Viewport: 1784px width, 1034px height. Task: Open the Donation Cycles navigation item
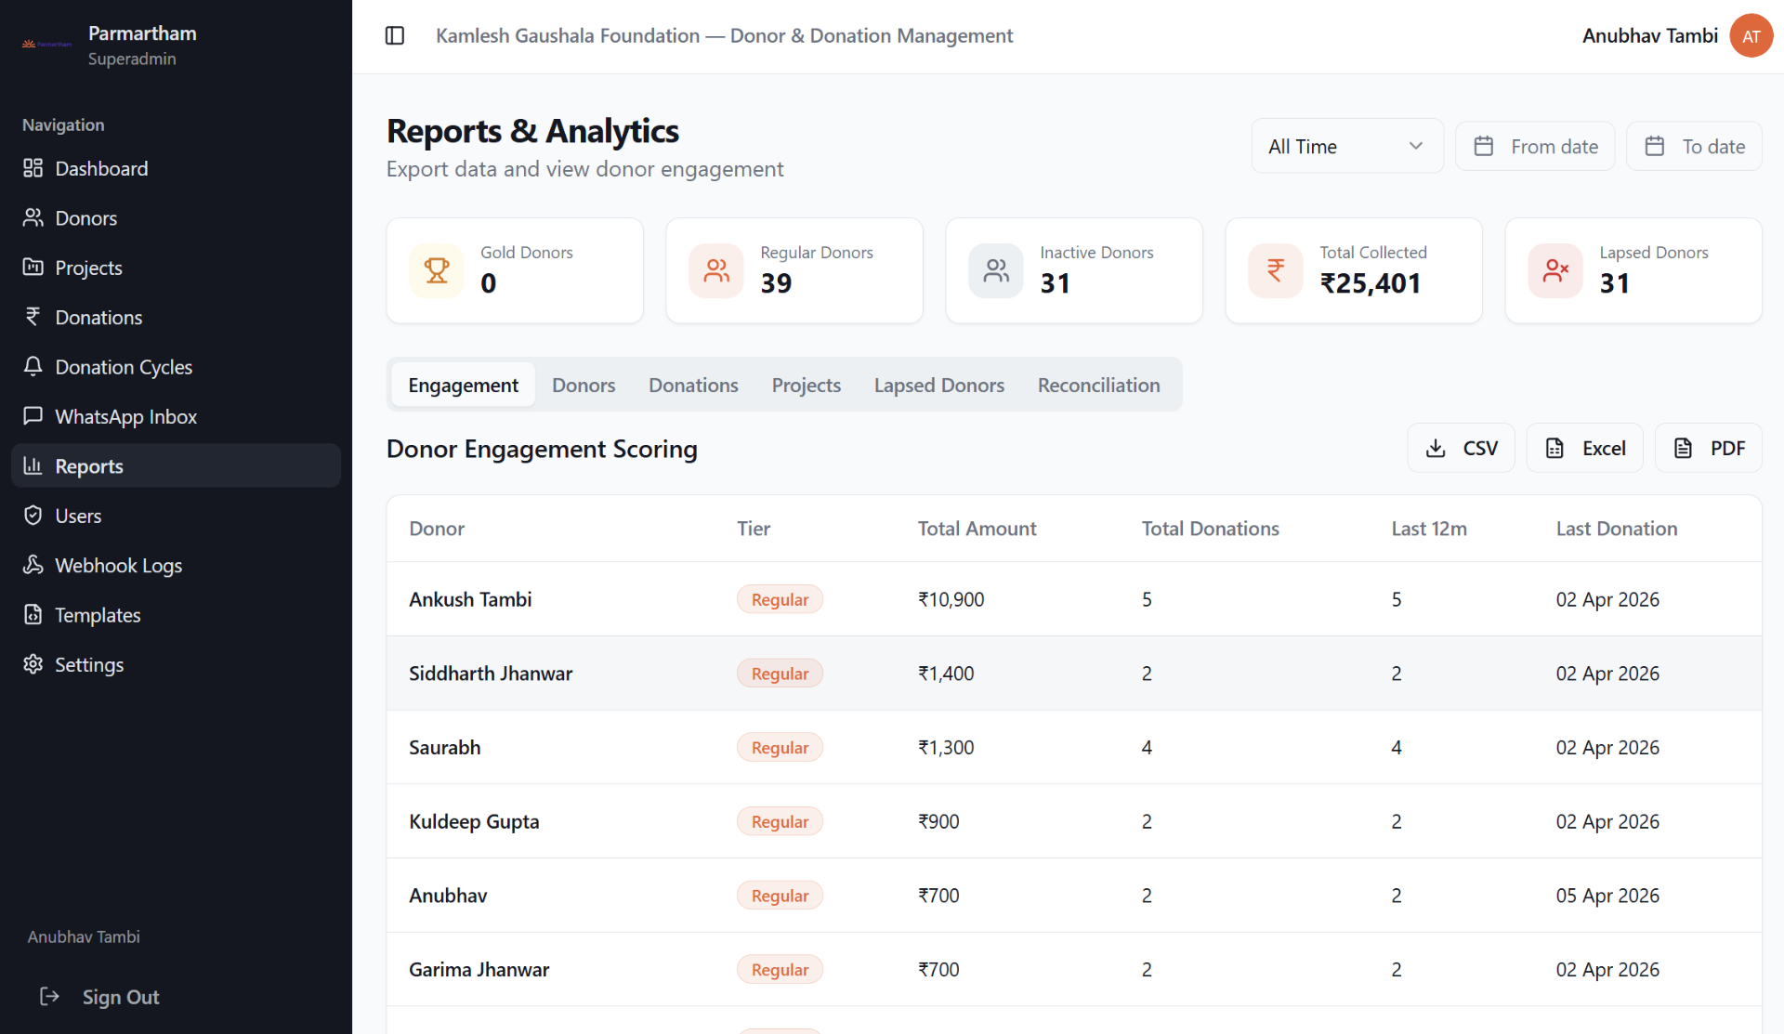(123, 367)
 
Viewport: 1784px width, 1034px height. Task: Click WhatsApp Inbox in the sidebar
(125, 417)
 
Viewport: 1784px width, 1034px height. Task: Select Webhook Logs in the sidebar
(118, 566)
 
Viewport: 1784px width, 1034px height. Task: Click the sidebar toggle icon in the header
(395, 35)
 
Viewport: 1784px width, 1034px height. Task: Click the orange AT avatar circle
(1751, 36)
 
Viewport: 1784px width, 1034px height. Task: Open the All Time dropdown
(1346, 146)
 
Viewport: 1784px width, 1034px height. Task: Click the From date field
(1535, 146)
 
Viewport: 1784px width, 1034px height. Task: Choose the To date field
(1694, 146)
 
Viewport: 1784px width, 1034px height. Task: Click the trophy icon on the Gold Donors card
(437, 270)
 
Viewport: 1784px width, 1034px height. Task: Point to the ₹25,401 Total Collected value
(1371, 283)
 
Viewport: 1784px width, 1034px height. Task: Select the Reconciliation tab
(1098, 386)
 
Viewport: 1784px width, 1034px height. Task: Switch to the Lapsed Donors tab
(938, 386)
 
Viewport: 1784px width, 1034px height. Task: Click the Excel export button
(1585, 449)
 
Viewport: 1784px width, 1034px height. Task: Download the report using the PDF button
(1709, 449)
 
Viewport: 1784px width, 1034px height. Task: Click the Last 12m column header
(1429, 529)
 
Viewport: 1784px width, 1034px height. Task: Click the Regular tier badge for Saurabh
(780, 748)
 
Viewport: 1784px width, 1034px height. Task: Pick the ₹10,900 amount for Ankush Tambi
(951, 600)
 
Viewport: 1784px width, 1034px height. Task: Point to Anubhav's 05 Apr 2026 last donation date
(1607, 896)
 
